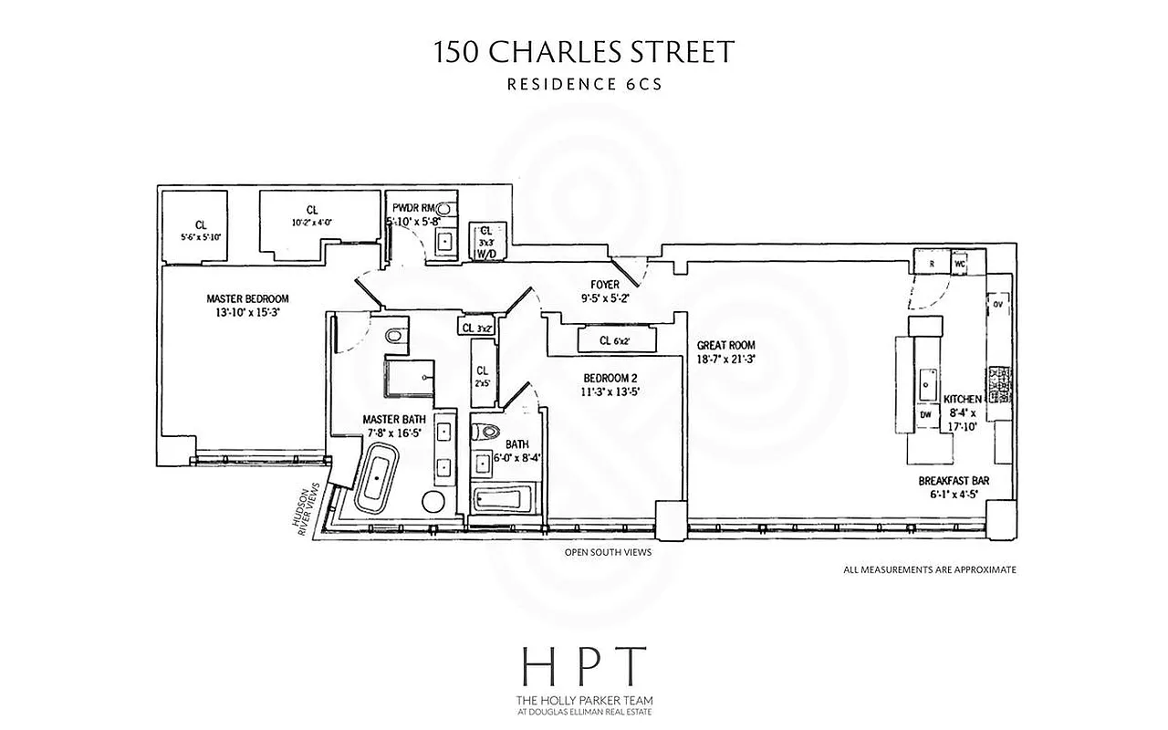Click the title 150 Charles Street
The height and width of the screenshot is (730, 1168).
(x=584, y=52)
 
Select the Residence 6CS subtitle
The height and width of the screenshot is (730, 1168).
(x=584, y=85)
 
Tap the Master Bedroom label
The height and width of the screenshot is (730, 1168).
(x=247, y=298)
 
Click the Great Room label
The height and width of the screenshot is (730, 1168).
(x=725, y=345)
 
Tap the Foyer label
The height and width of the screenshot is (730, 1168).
(x=604, y=285)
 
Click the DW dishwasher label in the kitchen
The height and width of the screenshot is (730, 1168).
(x=925, y=414)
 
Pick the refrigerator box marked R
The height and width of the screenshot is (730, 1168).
(x=930, y=264)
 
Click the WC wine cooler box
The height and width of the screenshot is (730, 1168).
(x=959, y=264)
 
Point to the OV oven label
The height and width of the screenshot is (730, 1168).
(x=997, y=304)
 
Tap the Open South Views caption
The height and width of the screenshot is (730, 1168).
(x=608, y=552)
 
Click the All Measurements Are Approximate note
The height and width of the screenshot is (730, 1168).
(x=930, y=569)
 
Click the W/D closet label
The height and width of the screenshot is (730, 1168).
(x=485, y=255)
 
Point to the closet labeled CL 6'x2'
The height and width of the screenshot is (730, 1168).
(x=615, y=341)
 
